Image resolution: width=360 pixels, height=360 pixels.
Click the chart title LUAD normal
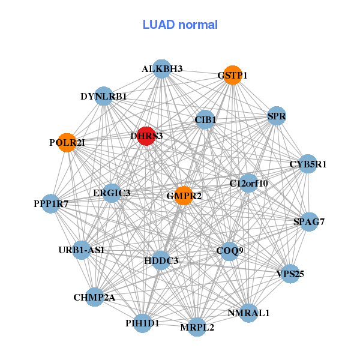click(x=180, y=25)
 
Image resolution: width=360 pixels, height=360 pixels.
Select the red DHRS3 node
click(x=146, y=136)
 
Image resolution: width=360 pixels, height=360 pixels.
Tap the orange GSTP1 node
click(x=232, y=75)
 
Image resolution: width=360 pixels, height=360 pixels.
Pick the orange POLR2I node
click(x=67, y=143)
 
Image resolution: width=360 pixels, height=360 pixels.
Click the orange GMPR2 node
click(x=183, y=196)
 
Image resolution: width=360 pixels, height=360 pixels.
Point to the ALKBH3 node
click(x=161, y=69)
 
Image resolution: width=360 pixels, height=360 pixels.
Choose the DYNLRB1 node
click(x=104, y=96)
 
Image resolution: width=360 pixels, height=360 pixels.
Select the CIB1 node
click(x=205, y=119)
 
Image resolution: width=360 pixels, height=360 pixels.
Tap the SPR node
click(x=276, y=115)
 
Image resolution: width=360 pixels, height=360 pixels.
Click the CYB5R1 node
click(x=307, y=164)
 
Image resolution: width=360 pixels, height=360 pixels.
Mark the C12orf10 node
click(x=248, y=182)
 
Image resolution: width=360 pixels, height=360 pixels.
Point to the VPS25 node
click(x=290, y=274)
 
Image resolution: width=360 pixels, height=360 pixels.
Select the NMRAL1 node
click(x=249, y=313)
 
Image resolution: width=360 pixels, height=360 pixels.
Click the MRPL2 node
click(x=197, y=327)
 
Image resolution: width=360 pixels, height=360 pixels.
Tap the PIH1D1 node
click(x=143, y=323)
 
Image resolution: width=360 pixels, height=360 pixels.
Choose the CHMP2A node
click(x=94, y=297)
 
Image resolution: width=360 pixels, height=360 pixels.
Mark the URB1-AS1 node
click(x=82, y=250)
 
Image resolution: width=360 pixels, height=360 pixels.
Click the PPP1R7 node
click(x=51, y=204)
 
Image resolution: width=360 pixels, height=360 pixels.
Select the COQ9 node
click(x=229, y=251)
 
